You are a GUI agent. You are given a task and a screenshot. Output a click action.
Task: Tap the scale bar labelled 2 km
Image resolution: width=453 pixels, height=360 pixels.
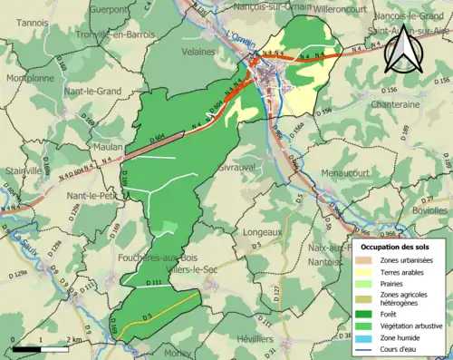(x=40, y=347)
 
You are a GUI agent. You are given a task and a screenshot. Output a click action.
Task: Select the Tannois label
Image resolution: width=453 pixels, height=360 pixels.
(x=33, y=23)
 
